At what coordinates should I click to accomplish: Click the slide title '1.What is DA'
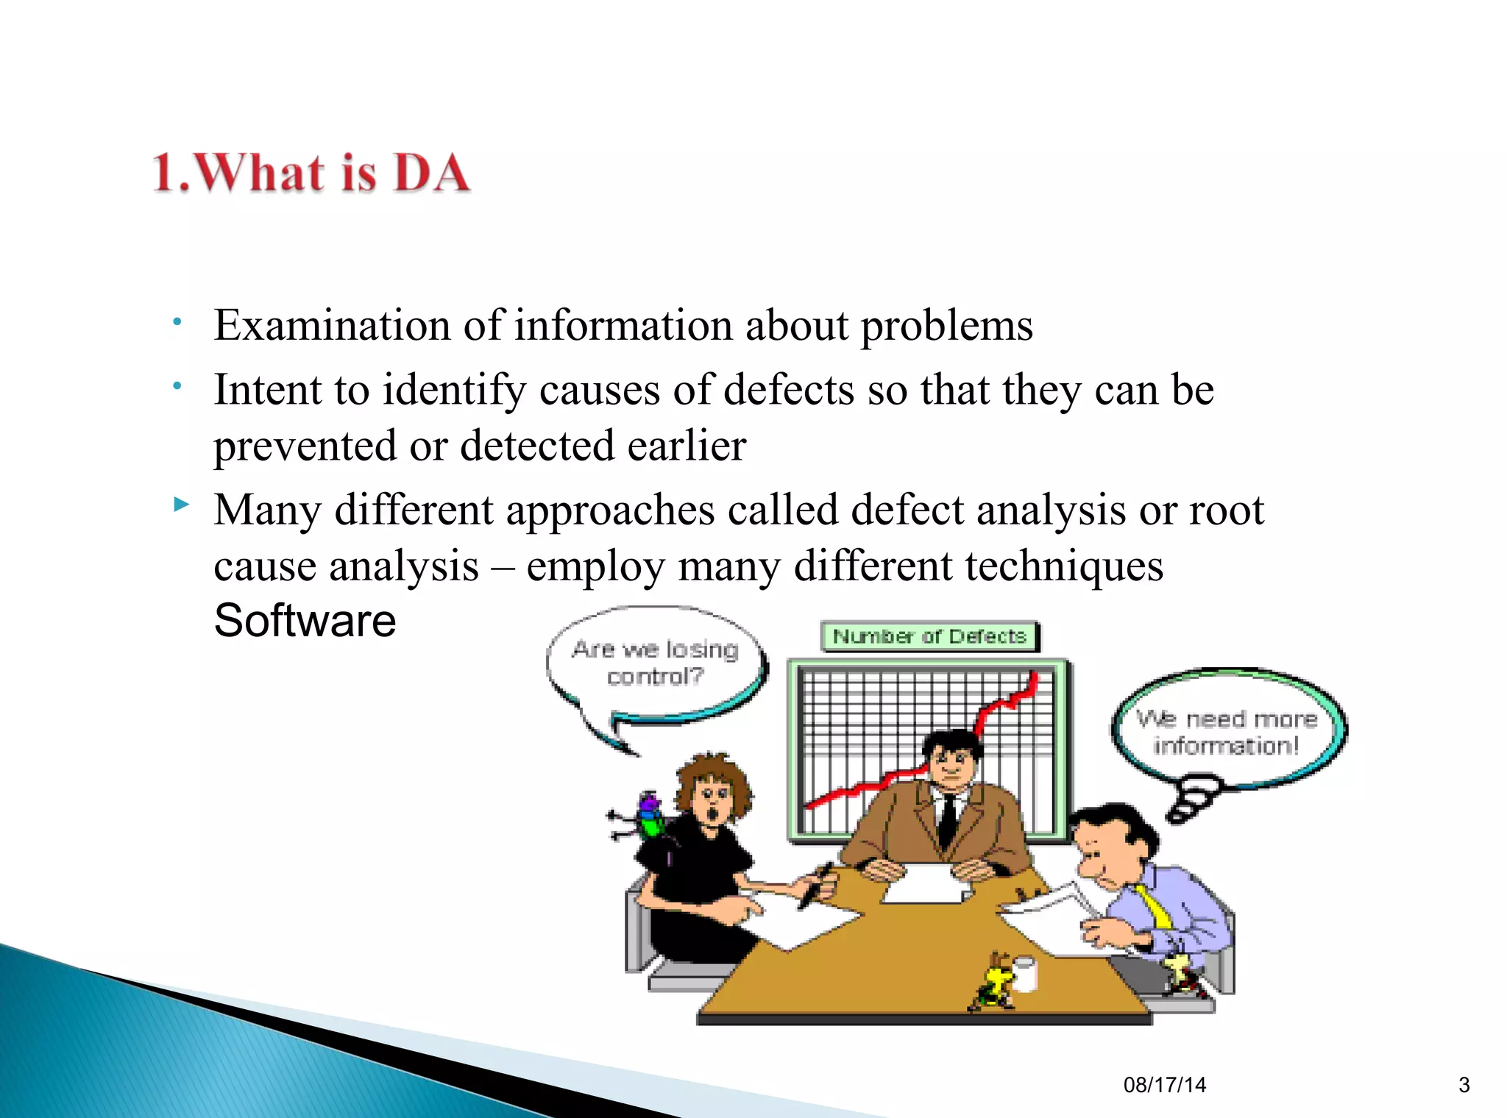[x=311, y=174]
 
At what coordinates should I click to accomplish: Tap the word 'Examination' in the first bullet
[x=332, y=326]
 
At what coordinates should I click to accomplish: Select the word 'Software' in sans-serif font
[x=305, y=620]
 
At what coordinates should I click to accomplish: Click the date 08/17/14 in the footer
[x=1164, y=1085]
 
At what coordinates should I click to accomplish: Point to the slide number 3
[x=1464, y=1085]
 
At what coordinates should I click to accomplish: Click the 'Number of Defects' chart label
[x=929, y=636]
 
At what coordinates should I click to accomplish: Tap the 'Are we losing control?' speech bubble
[x=655, y=663]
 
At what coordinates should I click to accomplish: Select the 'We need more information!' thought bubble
[x=1226, y=732]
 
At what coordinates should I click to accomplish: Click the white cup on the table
[x=1024, y=972]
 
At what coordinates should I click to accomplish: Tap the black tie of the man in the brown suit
[x=948, y=820]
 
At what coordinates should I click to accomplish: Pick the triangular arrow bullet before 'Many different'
[x=181, y=505]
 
